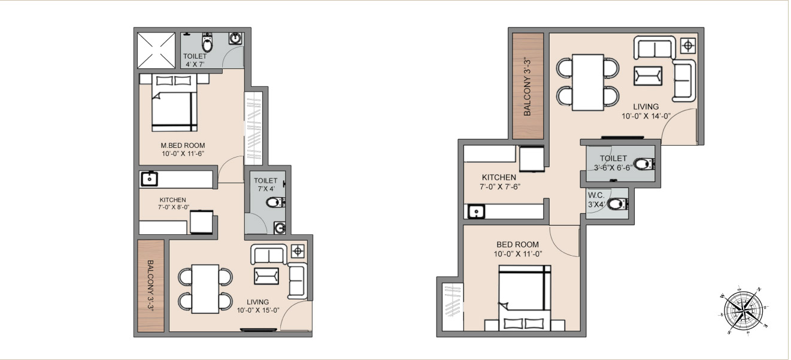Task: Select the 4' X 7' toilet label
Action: (195, 60)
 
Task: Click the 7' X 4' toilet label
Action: (265, 184)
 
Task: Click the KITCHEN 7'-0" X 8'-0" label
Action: (172, 204)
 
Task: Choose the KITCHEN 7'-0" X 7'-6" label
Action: (499, 182)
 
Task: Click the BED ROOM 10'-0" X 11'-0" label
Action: (517, 249)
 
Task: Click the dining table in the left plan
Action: (205, 288)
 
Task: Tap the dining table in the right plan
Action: (587, 82)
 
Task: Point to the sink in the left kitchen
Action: (148, 179)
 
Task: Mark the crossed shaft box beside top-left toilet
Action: (156, 50)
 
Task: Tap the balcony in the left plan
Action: (151, 286)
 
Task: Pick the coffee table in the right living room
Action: (648, 76)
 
